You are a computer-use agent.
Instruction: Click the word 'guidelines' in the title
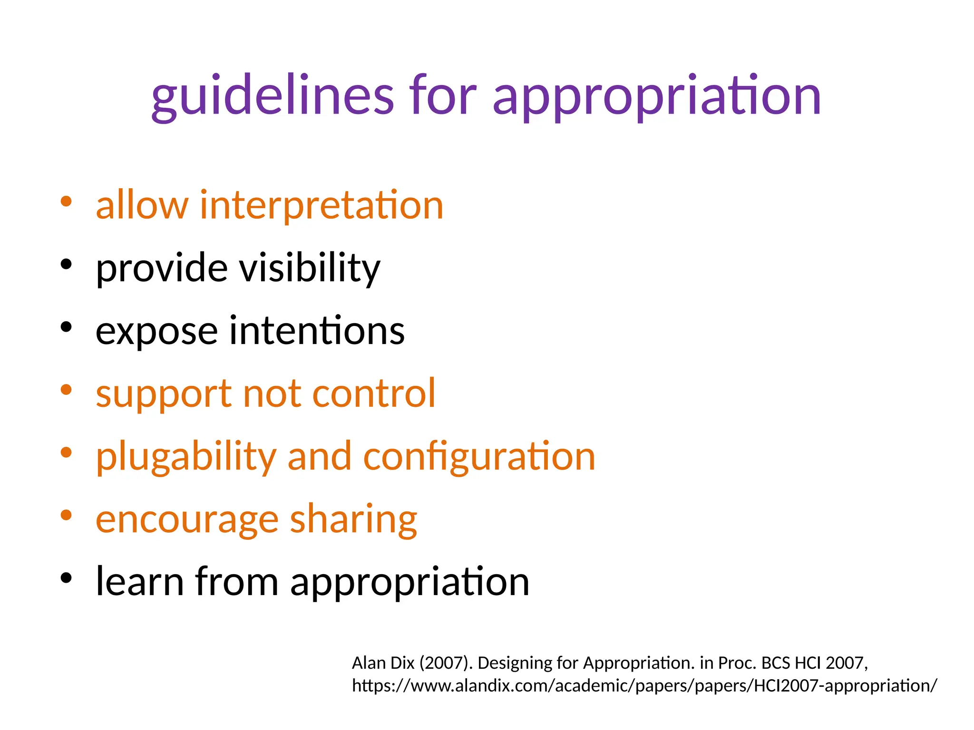[x=273, y=96]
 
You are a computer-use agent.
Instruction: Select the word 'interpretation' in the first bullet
[x=321, y=205]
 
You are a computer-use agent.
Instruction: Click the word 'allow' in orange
[x=142, y=205]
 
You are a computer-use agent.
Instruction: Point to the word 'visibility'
[x=309, y=268]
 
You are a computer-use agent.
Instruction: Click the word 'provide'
[x=162, y=268]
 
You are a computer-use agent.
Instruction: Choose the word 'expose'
[x=156, y=331]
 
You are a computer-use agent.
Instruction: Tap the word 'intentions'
[x=317, y=331]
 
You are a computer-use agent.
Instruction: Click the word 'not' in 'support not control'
[x=272, y=394]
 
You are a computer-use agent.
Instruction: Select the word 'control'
[x=374, y=394]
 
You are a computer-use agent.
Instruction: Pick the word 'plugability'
[x=186, y=457]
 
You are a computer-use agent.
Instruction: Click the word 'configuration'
[x=479, y=457]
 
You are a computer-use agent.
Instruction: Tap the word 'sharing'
[x=353, y=520]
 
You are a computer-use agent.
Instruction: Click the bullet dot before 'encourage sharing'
[x=66, y=515]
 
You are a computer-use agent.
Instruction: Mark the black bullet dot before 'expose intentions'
[x=66, y=327]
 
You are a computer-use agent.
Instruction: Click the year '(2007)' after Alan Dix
[x=446, y=663]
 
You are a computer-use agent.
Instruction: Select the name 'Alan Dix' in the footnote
[x=383, y=663]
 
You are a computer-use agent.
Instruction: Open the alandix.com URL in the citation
[x=644, y=686]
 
